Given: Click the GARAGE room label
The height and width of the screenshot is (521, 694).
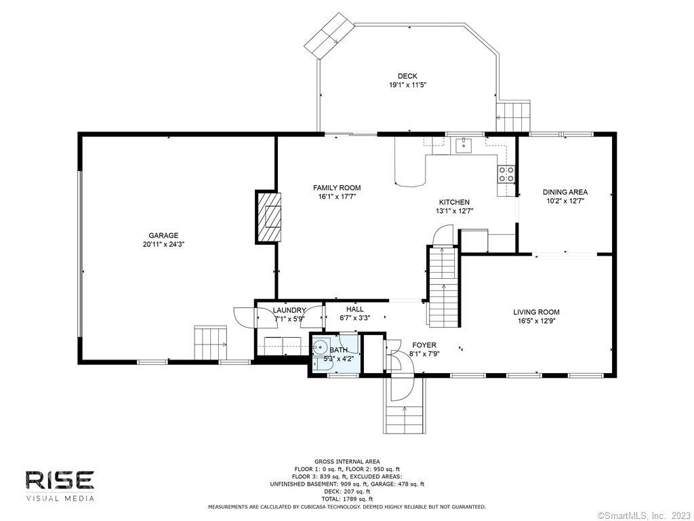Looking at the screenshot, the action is pyautogui.click(x=163, y=235).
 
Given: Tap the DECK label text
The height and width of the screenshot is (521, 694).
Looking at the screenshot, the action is pyautogui.click(x=407, y=76).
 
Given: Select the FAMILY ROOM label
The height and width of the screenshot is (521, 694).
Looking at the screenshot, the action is pyautogui.click(x=337, y=188).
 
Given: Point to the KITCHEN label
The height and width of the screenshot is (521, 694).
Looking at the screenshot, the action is pyautogui.click(x=454, y=202).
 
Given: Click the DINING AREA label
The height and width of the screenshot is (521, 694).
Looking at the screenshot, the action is pyautogui.click(x=565, y=192).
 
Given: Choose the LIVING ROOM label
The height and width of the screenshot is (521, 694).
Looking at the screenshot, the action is pyautogui.click(x=537, y=312).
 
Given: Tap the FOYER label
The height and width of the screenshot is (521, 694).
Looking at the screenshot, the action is pyautogui.click(x=424, y=345).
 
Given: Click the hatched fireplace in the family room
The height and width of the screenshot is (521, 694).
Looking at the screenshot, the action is pyautogui.click(x=268, y=216).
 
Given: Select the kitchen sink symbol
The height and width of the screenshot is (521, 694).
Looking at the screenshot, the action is pyautogui.click(x=463, y=145).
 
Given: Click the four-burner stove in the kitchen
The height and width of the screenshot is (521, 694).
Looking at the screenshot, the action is pyautogui.click(x=506, y=174).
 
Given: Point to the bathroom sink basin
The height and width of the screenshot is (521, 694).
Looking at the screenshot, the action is pyautogui.click(x=319, y=346).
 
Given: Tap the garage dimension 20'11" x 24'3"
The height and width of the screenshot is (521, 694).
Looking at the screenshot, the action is pyautogui.click(x=163, y=244).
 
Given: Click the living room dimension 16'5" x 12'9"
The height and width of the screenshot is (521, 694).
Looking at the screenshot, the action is pyautogui.click(x=537, y=321).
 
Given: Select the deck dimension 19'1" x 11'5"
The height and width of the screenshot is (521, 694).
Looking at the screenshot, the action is pyautogui.click(x=407, y=85).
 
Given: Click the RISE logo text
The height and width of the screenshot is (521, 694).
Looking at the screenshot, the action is pyautogui.click(x=60, y=480).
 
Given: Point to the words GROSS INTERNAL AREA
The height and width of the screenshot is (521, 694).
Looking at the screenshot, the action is pyautogui.click(x=347, y=461).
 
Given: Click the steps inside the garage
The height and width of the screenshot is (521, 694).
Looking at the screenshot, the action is pyautogui.click(x=210, y=343).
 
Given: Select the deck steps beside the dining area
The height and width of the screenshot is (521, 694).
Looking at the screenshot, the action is pyautogui.click(x=513, y=117).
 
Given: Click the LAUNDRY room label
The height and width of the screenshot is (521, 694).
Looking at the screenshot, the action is pyautogui.click(x=289, y=311).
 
